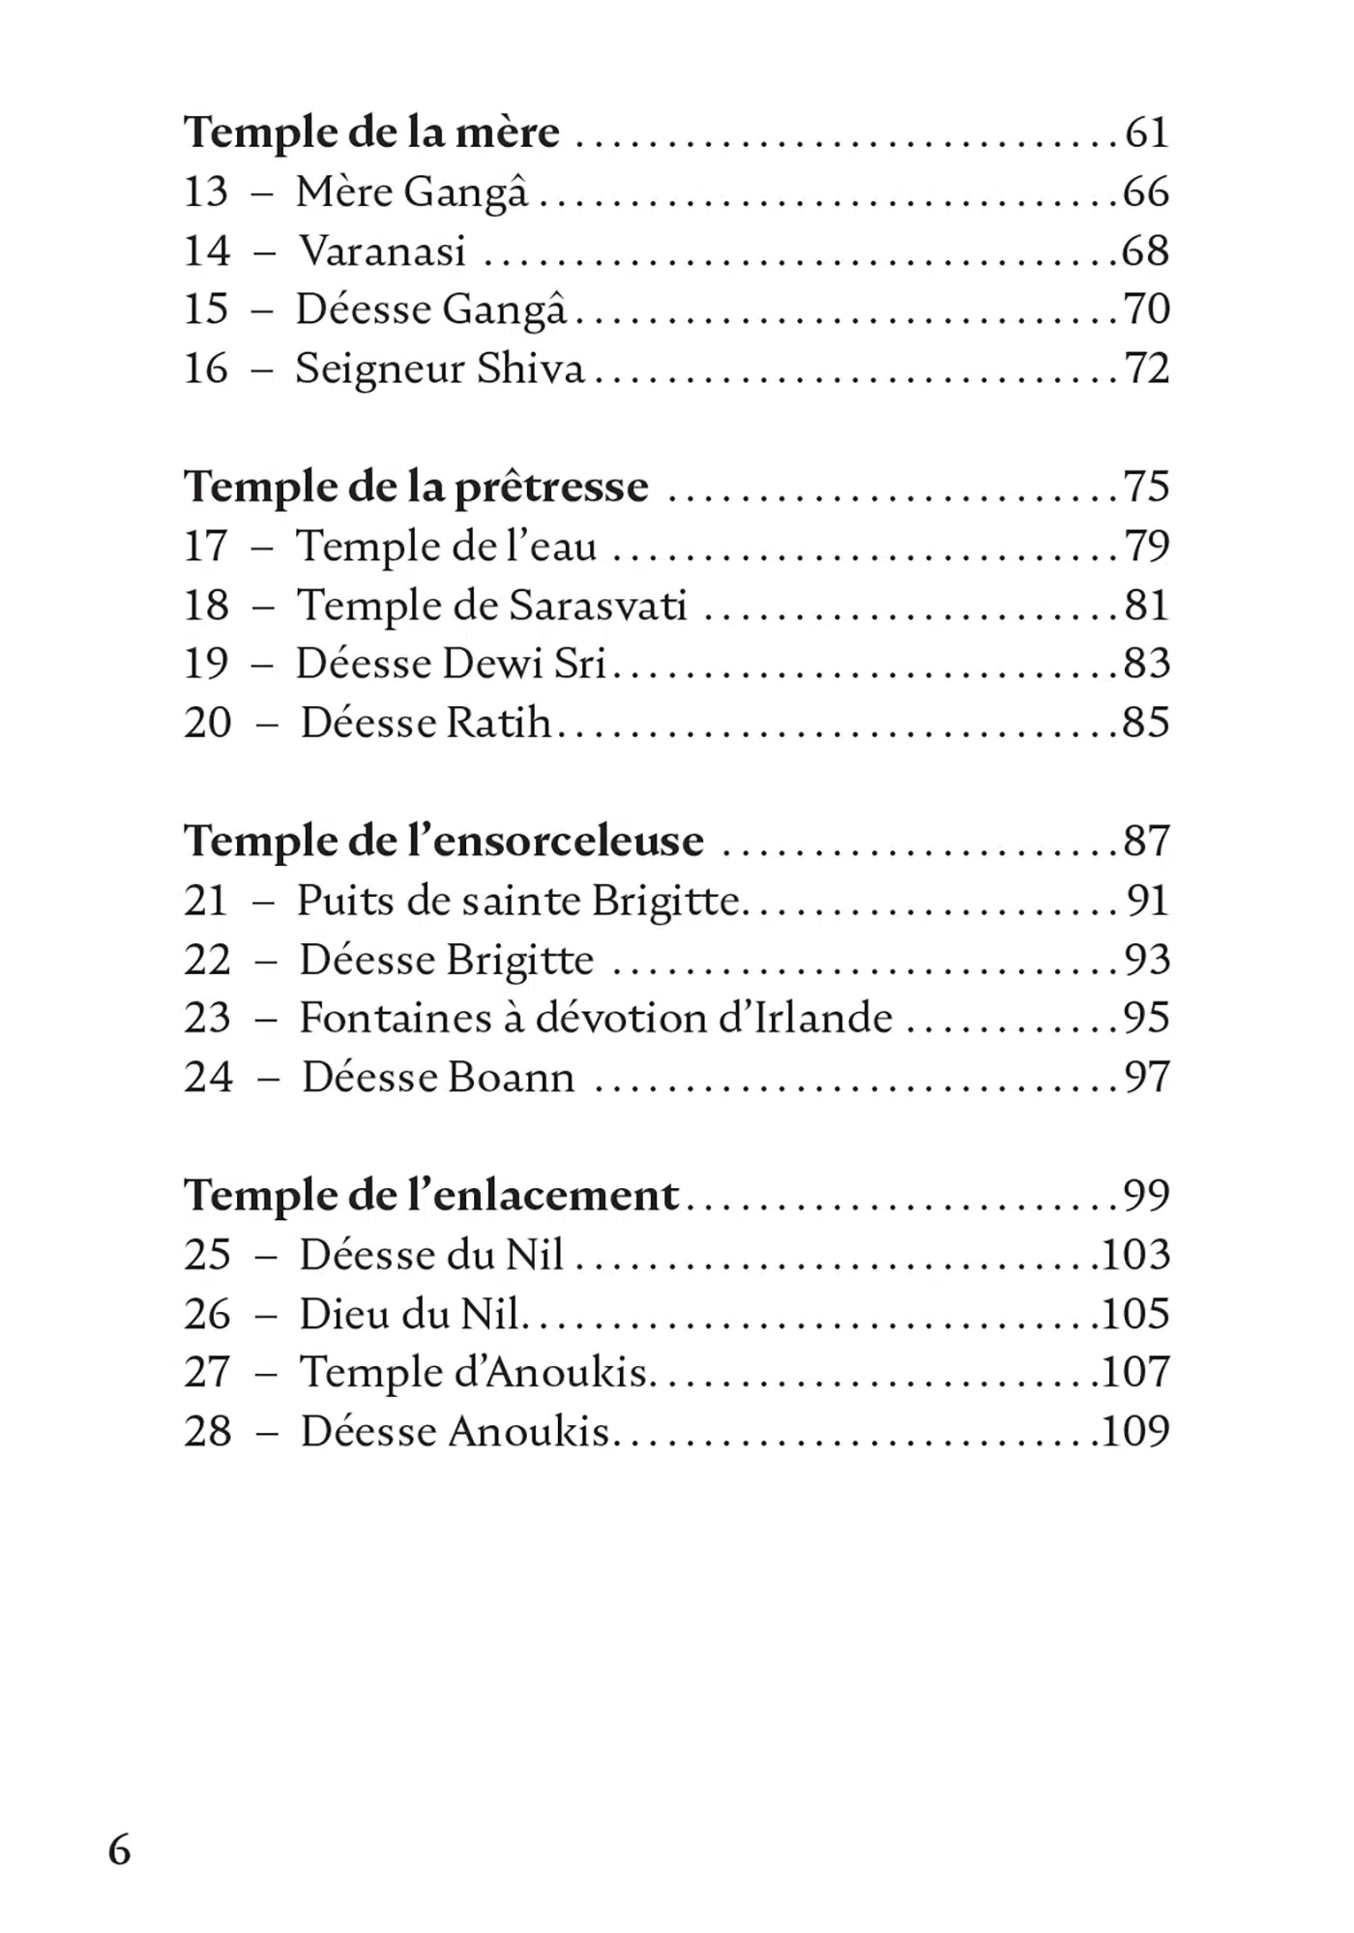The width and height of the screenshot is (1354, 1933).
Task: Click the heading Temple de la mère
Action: coord(371,133)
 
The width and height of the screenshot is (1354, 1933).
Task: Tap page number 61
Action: coord(1146,133)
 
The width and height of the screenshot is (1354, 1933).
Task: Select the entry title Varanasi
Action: coord(383,252)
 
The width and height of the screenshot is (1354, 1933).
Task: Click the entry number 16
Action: coord(206,369)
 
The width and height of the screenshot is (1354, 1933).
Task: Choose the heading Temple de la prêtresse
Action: coord(416,487)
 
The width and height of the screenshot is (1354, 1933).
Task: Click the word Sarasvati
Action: coord(598,606)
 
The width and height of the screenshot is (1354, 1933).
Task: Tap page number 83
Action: coord(1146,664)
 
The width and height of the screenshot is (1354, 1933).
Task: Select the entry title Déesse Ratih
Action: coord(426,723)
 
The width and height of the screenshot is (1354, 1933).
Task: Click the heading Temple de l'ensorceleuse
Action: coord(444,841)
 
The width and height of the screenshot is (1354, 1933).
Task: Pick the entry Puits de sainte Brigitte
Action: coord(518,901)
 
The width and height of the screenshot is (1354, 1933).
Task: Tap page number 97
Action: coord(1146,1078)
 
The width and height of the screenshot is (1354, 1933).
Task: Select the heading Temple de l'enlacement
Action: coord(431,1196)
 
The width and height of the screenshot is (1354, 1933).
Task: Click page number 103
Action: coord(1135,1255)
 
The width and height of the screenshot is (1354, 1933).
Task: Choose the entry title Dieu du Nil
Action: coord(410,1314)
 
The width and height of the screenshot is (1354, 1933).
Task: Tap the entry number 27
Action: coord(207,1372)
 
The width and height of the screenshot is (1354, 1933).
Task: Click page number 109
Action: coord(1135,1431)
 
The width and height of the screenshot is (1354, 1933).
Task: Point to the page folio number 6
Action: coord(119,1849)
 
